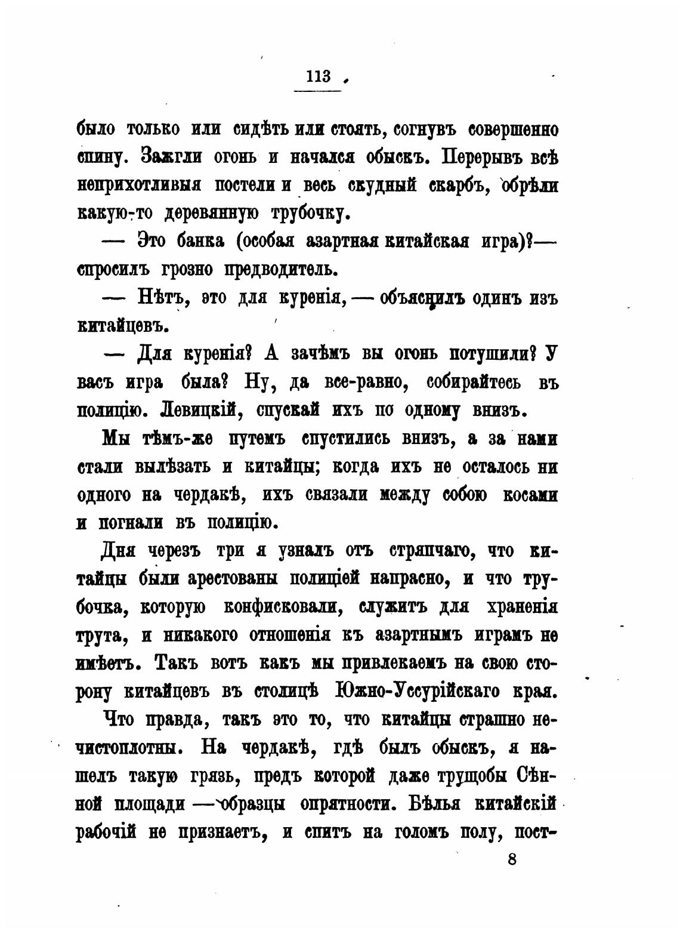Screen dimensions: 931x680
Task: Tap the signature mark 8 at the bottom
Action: tap(512, 860)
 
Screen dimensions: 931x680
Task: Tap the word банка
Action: tap(200, 241)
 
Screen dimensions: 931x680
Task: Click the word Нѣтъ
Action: tap(160, 297)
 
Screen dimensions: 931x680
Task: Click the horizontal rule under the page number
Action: tap(318, 91)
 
